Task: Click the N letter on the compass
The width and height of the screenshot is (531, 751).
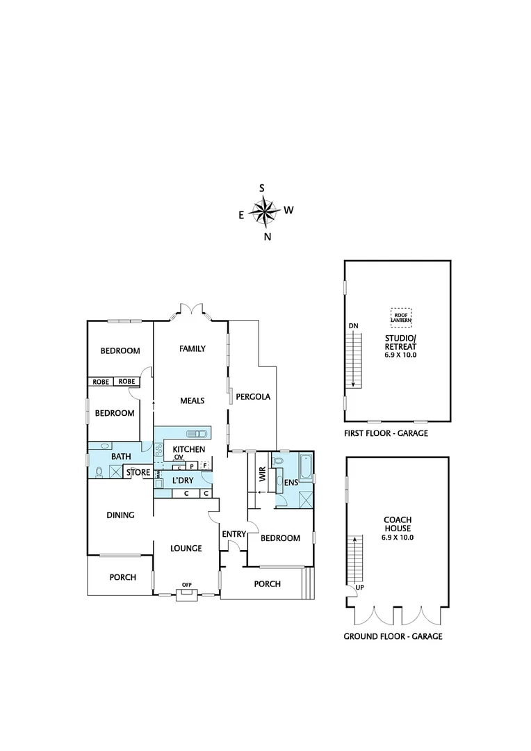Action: coord(267,236)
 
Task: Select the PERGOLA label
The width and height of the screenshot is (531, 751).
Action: coord(252,396)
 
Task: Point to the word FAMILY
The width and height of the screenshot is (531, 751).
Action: coord(192,348)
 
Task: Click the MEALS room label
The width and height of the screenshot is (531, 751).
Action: coord(192,401)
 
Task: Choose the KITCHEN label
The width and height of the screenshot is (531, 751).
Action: coord(188,449)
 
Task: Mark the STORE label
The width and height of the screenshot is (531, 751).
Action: coord(138,474)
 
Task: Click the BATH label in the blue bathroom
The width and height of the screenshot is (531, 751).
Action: coord(121,456)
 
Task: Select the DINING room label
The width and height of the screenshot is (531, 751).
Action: coord(120,515)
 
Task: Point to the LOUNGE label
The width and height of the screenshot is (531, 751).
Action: coord(186,549)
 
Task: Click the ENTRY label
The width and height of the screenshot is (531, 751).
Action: coord(233,534)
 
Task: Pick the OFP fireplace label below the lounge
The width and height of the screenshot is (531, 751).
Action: coord(186,585)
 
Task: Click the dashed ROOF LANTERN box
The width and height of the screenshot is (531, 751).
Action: coord(400,318)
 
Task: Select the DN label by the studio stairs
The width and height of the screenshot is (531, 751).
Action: coord(353,325)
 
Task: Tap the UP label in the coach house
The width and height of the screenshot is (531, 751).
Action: coord(359,588)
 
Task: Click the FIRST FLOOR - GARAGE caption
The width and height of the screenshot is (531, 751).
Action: coord(386,433)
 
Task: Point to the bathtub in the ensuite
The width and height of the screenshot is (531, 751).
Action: coord(305,465)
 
